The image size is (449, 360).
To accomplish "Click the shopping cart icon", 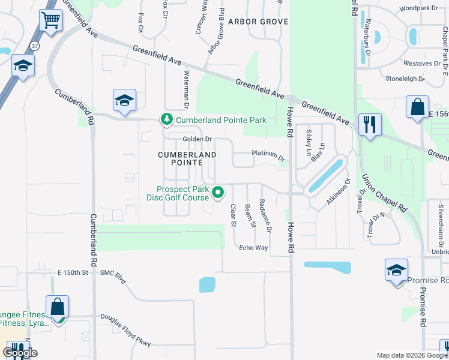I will (x=50, y=20).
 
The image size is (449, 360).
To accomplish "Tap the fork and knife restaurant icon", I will (x=369, y=125).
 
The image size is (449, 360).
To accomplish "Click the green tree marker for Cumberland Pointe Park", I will (x=167, y=120).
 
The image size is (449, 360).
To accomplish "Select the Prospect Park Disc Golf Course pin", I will (x=218, y=193).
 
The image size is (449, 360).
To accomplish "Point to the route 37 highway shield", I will (x=35, y=46).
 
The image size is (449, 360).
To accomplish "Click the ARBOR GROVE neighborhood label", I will (x=258, y=22).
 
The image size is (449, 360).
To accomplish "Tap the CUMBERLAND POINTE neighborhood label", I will (x=187, y=158).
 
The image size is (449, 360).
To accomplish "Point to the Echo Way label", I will (x=253, y=248).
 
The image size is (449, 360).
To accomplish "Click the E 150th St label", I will (x=73, y=273).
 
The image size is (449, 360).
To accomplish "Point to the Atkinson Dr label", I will (x=338, y=192).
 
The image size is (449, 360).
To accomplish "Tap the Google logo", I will (x=19, y=353).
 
